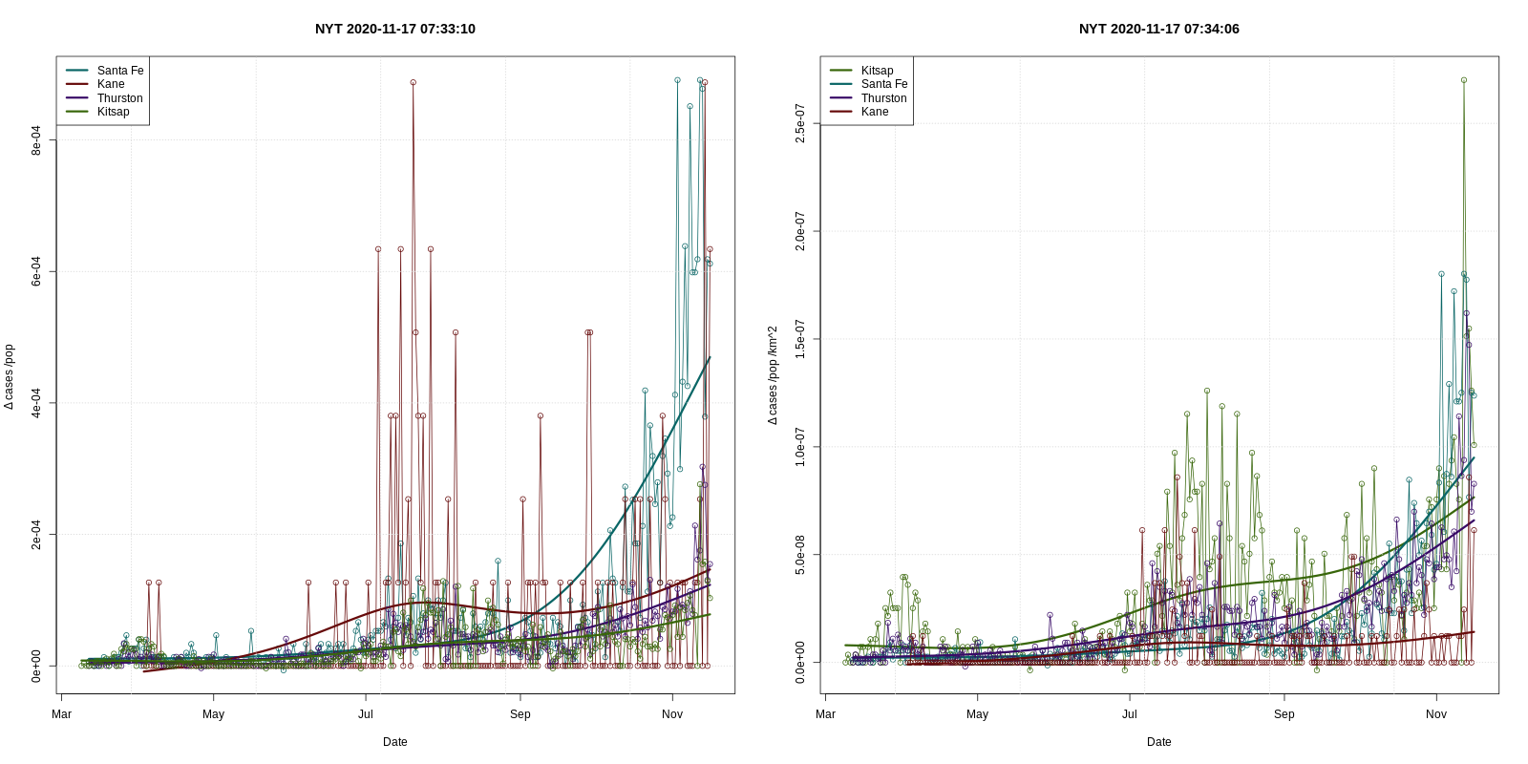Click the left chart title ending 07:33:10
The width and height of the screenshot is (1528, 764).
coord(394,29)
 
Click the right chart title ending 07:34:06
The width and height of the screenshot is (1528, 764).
coord(1158,29)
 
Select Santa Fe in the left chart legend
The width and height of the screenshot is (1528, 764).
coord(119,71)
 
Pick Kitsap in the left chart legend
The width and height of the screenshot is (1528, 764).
coord(113,112)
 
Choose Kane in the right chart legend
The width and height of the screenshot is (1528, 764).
coord(874,112)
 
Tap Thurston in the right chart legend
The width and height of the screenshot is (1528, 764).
coord(883,98)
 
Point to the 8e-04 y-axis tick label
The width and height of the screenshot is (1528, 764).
coord(36,140)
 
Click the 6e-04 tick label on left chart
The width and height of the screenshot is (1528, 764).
coord(36,271)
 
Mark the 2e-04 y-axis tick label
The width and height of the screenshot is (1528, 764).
coord(36,535)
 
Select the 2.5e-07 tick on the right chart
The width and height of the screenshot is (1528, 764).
coord(800,124)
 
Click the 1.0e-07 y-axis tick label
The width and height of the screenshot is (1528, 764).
coord(800,447)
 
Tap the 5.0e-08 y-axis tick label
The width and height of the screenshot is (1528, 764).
coord(800,555)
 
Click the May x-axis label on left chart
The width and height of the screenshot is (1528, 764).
coord(213,714)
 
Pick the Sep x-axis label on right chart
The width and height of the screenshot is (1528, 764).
coord(1284,714)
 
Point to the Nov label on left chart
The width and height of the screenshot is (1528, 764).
coord(672,714)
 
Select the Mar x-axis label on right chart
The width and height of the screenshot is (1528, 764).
coord(825,714)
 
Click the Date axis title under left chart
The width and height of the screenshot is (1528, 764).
coord(394,742)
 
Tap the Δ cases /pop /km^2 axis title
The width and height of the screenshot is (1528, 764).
coord(773,375)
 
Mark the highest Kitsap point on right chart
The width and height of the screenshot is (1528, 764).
coord(1464,80)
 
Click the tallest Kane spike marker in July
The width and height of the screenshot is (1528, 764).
coord(414,82)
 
